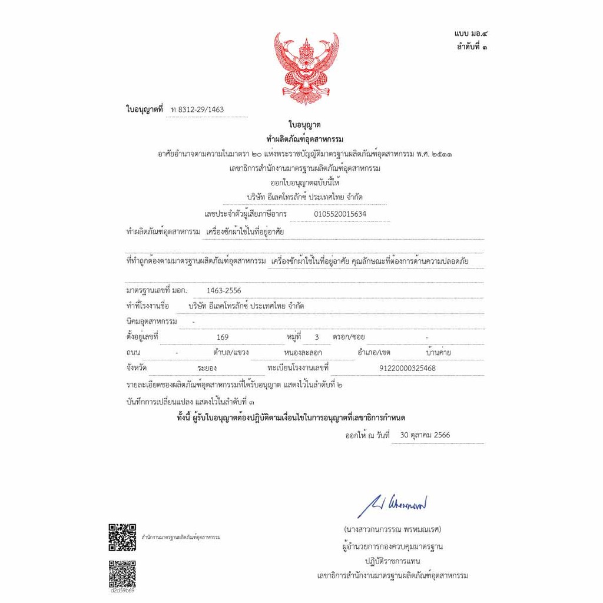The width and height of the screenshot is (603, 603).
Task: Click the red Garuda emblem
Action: coord(306,68)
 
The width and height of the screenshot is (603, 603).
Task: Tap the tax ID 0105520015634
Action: coord(340,214)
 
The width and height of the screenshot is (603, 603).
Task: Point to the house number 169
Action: coord(223,337)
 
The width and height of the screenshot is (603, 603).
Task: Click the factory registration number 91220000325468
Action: coord(408,368)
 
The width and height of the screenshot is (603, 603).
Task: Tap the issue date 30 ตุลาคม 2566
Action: coord(425,436)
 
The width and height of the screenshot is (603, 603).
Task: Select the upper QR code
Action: coord(122,537)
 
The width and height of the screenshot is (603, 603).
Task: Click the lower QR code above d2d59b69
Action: coord(122,574)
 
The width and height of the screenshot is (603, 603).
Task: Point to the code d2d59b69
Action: coord(122,590)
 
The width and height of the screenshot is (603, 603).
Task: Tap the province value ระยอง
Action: coord(207,368)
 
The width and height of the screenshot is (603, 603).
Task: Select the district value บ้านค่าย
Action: coord(438,353)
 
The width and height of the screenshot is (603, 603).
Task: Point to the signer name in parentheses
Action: coord(393,529)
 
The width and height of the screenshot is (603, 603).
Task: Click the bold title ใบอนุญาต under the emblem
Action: coord(304,124)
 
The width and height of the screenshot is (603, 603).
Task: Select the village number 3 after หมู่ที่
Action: coord(317,337)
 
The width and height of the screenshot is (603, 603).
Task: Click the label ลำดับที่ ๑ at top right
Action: coord(471,47)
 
